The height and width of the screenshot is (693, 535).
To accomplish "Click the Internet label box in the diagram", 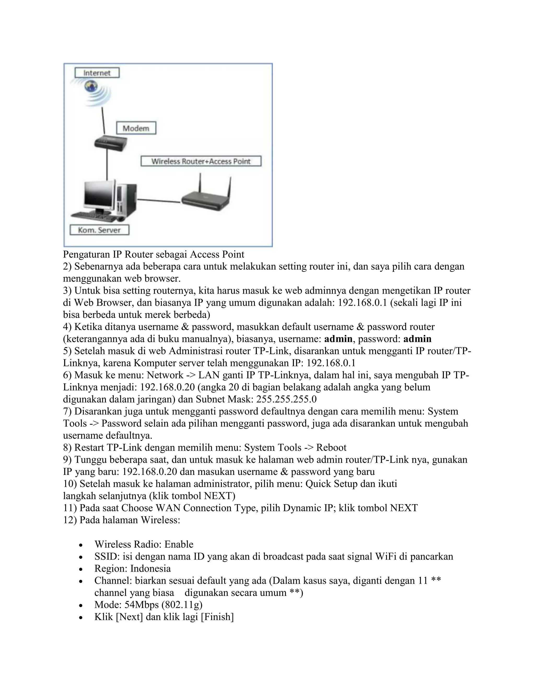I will tap(97, 73).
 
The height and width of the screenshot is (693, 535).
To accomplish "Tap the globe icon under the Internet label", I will tap(91, 86).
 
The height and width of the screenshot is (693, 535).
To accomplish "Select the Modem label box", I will tap(136, 128).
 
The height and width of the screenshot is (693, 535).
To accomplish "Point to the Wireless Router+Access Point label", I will tap(201, 161).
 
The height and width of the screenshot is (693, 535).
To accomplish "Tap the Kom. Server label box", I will tap(99, 230).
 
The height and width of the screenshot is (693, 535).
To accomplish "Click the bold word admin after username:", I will tap(338, 339).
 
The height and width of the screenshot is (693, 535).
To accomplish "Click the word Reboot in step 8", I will tap(331, 447).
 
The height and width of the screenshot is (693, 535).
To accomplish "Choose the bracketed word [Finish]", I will tap(217, 617).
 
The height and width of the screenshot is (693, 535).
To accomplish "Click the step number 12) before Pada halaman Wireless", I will tap(70, 520).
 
